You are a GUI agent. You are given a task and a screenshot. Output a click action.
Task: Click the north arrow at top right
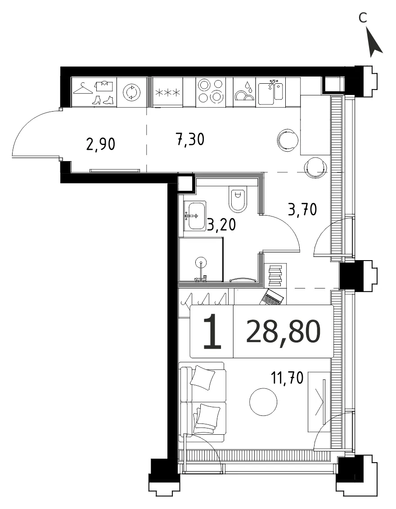[x=375, y=43]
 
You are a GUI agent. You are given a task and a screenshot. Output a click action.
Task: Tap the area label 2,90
[x=101, y=144]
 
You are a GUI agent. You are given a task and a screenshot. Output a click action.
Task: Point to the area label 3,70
[x=302, y=210]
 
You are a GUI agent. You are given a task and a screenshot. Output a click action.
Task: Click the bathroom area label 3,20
[x=221, y=224]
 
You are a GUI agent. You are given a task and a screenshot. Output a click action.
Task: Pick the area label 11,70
[x=287, y=378]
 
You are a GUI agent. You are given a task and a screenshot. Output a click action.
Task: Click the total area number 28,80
[x=283, y=331]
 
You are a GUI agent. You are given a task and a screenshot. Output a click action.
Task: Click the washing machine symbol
[x=132, y=92]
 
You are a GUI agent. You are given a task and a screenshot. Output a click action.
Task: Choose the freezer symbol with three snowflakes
[x=167, y=93]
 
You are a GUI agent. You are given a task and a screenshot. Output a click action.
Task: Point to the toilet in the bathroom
[x=238, y=200]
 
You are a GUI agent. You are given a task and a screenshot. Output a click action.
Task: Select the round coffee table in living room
[x=263, y=402]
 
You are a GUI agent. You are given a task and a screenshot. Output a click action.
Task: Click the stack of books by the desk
[x=275, y=275]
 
